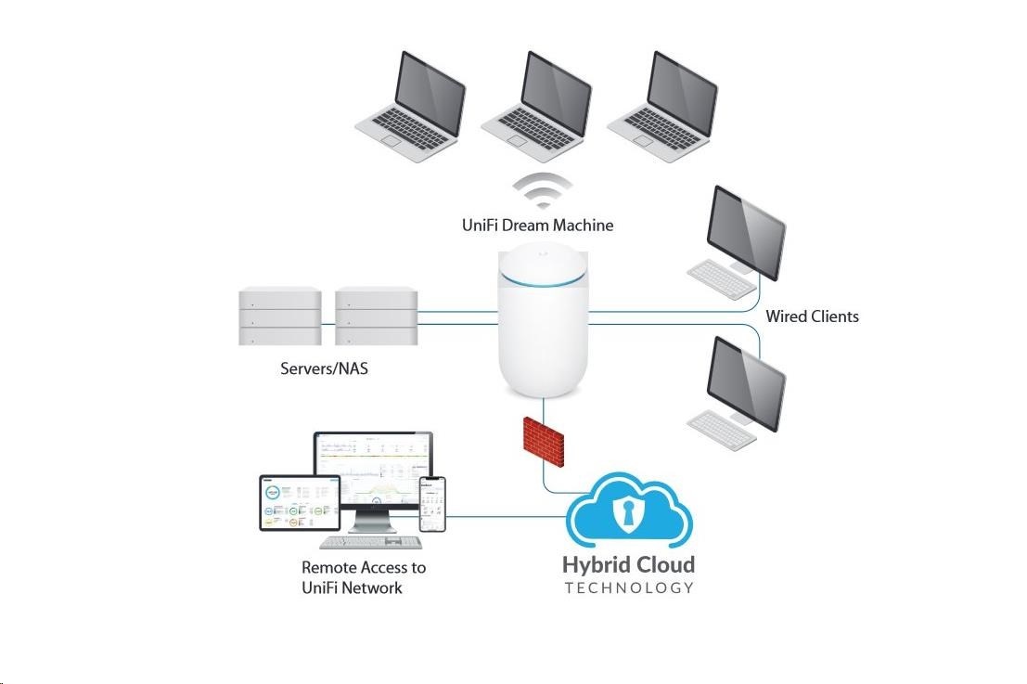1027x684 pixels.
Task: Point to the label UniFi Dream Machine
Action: pos(537,226)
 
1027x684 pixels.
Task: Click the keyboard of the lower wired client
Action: pos(721,426)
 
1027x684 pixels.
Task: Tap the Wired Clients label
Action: pos(812,316)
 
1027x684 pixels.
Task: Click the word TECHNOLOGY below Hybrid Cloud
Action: pos(629,587)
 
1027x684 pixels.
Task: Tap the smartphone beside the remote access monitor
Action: pos(432,504)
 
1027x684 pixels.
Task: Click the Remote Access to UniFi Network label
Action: pos(364,577)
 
